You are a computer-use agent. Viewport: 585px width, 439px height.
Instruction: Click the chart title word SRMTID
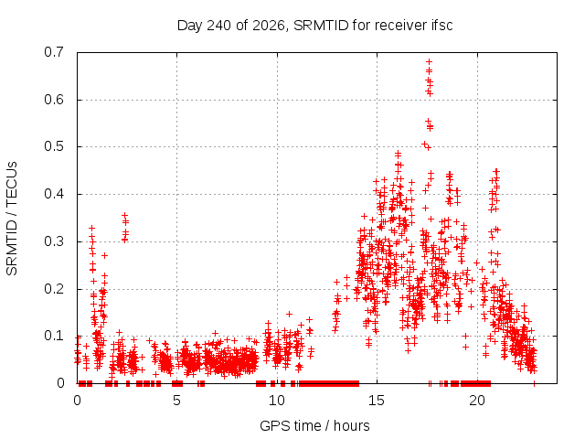point(321,26)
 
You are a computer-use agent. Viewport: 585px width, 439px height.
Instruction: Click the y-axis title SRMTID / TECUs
point(12,219)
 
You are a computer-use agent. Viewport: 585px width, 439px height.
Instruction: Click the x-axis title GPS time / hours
point(314,425)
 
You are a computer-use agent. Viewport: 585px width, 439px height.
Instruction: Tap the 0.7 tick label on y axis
point(54,52)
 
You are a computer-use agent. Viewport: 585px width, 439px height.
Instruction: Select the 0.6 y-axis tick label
point(54,100)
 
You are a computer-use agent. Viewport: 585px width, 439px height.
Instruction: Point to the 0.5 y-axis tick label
point(54,146)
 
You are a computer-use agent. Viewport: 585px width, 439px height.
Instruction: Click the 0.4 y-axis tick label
point(54,194)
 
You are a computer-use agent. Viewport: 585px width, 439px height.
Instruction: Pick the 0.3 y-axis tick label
point(54,241)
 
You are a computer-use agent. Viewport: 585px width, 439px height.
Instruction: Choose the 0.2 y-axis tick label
point(54,289)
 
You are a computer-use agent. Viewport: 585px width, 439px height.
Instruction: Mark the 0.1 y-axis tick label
point(54,336)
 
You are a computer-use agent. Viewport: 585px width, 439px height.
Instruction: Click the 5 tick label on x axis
point(176,401)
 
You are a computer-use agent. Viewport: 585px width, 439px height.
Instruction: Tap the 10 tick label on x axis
point(276,401)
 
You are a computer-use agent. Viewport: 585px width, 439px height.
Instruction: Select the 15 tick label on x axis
point(377,401)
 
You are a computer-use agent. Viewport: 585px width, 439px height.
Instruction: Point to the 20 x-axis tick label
point(477,401)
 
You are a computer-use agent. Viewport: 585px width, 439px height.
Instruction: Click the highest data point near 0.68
point(429,61)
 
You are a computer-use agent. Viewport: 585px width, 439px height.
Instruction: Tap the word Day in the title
point(190,26)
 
